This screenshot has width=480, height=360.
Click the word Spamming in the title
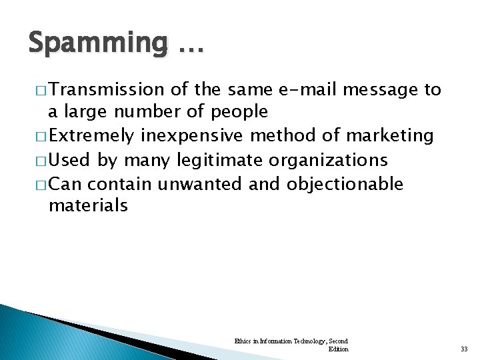click(98, 43)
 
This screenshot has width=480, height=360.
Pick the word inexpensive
click(193, 136)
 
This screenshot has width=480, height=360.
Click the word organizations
click(330, 160)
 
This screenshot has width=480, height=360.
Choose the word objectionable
click(345, 183)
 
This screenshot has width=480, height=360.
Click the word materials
click(88, 205)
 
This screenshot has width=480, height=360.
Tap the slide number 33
click(464, 349)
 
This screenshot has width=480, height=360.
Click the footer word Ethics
click(243, 341)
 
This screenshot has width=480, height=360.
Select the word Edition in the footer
click(338, 349)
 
